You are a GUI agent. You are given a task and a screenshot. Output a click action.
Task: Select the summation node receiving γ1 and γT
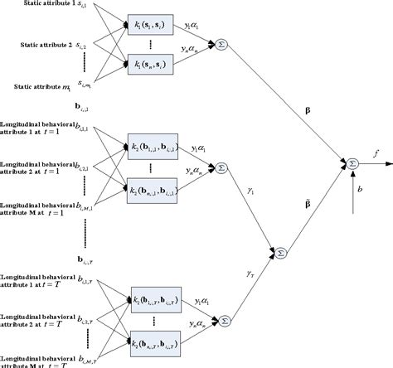coord(280,250)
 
